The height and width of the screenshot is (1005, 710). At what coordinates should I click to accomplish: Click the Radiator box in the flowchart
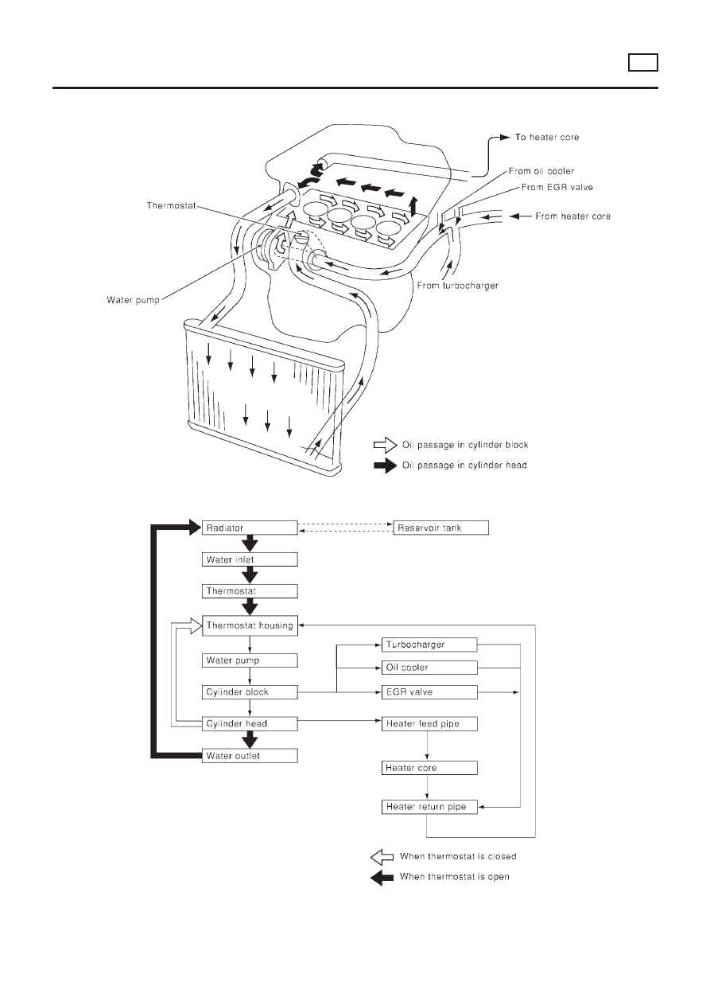pos(250,528)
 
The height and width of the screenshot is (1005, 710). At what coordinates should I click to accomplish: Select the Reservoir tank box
pos(440,528)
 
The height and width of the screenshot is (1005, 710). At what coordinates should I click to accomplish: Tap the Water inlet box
pos(250,559)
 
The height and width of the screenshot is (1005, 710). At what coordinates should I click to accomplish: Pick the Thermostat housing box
pos(250,625)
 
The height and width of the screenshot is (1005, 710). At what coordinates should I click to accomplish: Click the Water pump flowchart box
pos(250,660)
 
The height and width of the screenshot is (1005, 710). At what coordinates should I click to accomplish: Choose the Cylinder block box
pos(250,692)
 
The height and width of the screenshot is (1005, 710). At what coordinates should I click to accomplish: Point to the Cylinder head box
pos(250,724)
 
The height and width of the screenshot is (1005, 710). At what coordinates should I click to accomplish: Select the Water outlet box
pos(250,756)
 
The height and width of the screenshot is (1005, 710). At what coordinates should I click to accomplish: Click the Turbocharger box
pos(429,644)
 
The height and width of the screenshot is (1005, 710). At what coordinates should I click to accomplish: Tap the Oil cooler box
pos(429,667)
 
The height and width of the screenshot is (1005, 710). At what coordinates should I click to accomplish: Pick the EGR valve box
pos(429,692)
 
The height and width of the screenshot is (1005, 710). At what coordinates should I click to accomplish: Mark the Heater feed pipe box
pos(429,724)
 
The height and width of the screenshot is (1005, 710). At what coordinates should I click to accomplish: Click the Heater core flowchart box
pos(429,768)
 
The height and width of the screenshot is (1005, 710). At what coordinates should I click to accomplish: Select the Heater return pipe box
pos(429,807)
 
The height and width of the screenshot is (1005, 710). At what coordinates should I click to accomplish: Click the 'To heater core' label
pos(547,138)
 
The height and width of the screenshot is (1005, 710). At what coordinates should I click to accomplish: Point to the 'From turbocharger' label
pos(457,285)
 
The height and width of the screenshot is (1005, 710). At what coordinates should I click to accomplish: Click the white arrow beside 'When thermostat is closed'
pos(382,857)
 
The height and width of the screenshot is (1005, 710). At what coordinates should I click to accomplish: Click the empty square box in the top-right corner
pos(642,62)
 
